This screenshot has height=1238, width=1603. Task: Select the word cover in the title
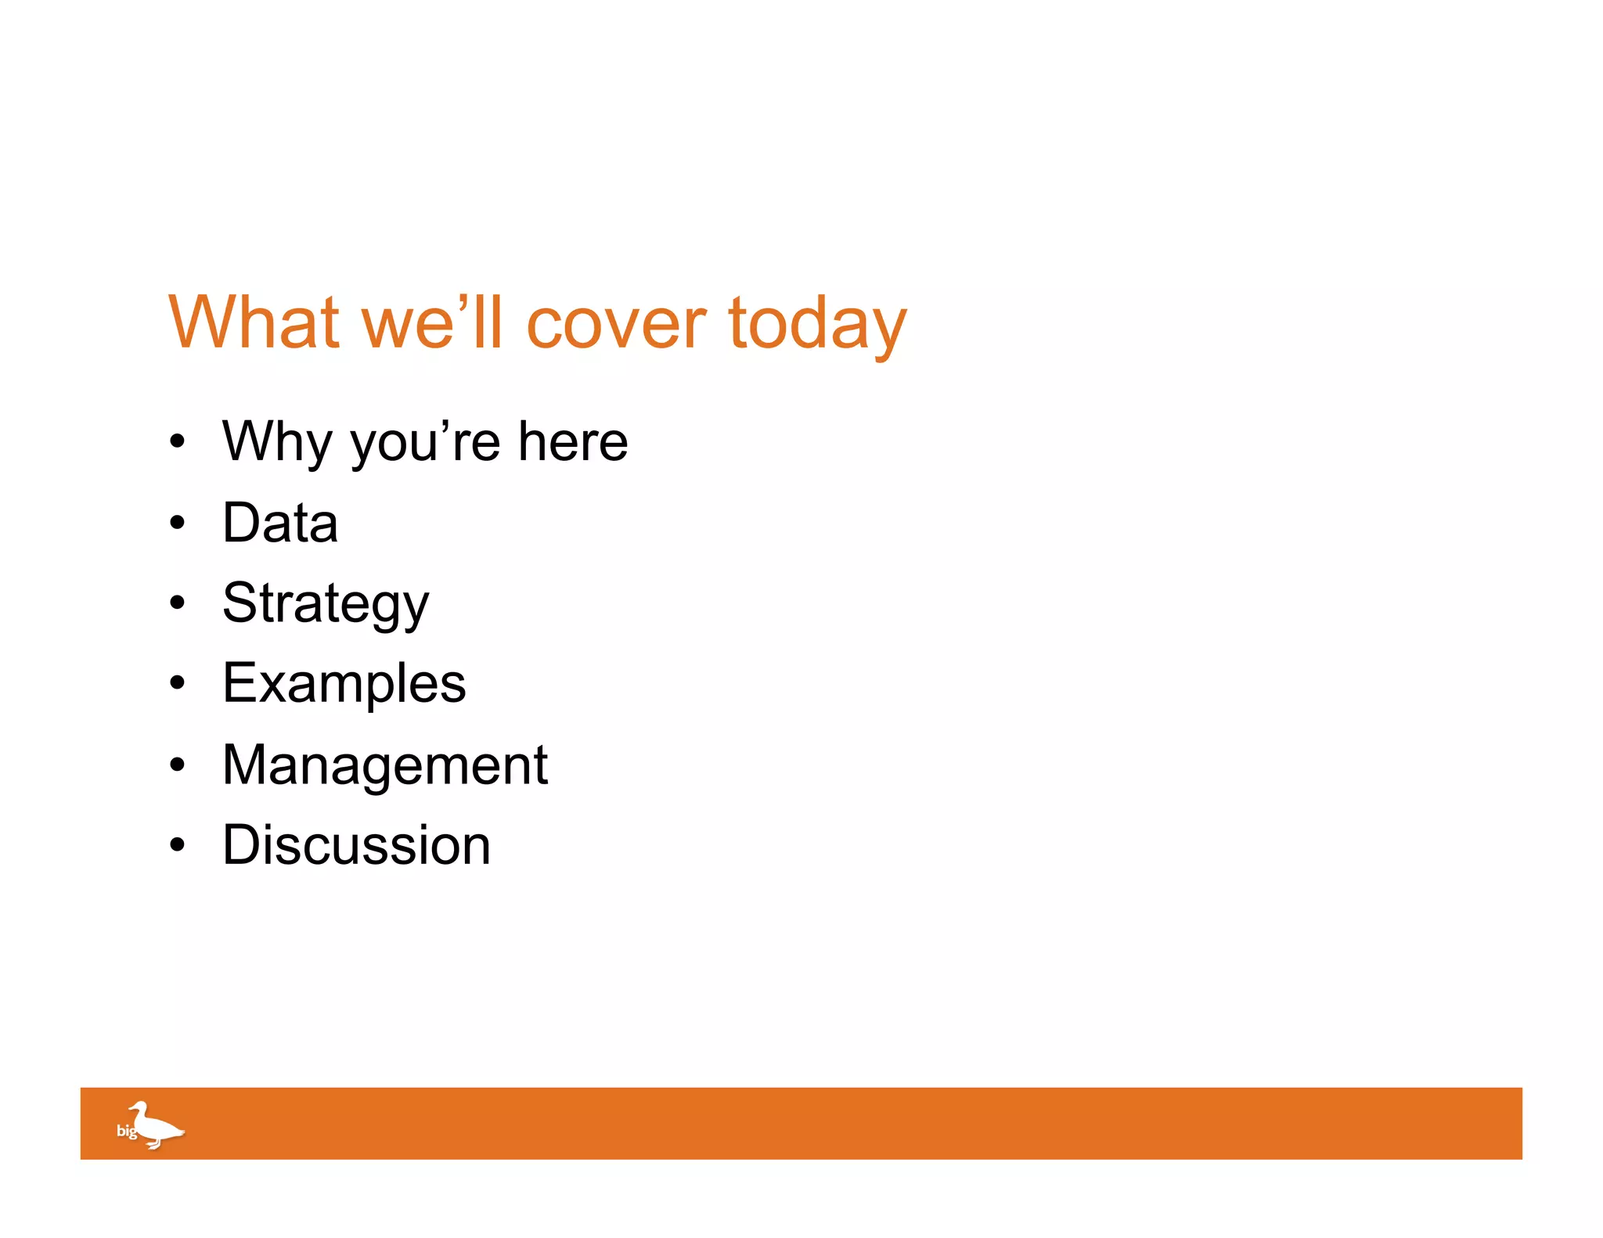616,323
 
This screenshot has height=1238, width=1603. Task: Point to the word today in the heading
817,325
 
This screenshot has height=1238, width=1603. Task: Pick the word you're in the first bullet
425,442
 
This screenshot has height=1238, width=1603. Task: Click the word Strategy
326,604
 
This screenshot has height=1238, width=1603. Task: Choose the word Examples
344,684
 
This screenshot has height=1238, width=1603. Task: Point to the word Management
384,765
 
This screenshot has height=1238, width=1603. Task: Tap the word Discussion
356,845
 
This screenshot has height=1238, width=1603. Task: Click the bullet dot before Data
178,523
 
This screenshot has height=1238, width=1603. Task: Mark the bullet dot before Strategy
178,603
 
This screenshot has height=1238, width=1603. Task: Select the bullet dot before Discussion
178,845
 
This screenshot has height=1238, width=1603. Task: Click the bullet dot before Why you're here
178,442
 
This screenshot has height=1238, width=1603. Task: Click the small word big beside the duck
126,1131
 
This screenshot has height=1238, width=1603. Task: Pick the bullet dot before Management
178,765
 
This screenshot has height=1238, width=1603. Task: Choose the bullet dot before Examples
178,684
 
